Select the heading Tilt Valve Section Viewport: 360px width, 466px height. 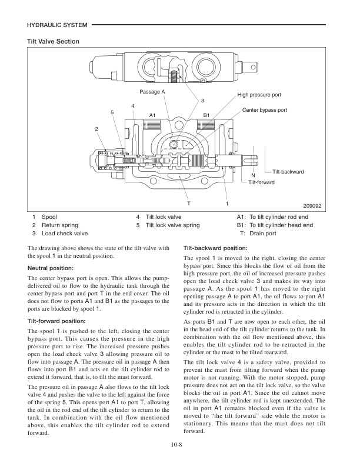point(54,41)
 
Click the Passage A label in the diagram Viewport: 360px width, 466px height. point(152,92)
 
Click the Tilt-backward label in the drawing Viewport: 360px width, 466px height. point(288,172)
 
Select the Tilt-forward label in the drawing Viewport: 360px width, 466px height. point(261,182)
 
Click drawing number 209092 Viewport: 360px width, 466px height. point(313,206)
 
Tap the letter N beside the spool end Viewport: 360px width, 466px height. point(253,176)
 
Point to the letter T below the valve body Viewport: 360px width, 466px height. point(188,203)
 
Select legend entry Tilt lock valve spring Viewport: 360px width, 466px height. point(172,225)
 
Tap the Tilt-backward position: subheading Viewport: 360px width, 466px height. point(215,248)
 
